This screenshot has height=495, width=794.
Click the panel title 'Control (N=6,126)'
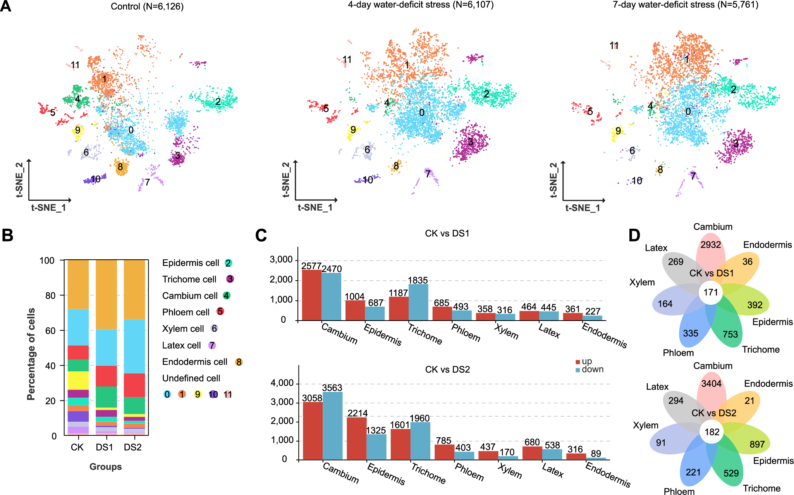click(x=147, y=7)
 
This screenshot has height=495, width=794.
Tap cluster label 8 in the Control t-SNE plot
click(x=120, y=167)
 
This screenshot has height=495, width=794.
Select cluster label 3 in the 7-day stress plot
click(x=736, y=143)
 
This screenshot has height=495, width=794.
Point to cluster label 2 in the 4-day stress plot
click(x=486, y=94)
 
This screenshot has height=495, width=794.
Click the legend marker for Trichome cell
click(x=230, y=279)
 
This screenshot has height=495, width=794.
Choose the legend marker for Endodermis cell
click(x=239, y=362)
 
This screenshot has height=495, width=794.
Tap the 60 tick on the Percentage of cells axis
click(x=50, y=331)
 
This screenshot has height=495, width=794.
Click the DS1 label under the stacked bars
click(x=104, y=447)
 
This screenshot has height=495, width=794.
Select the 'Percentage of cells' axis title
click(x=31, y=354)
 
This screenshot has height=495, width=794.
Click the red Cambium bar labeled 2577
click(x=312, y=295)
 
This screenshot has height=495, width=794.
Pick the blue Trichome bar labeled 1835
click(x=418, y=302)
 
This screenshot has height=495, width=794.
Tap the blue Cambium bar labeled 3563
click(x=332, y=426)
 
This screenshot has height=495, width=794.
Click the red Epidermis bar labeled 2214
click(x=357, y=438)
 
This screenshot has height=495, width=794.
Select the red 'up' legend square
click(x=577, y=362)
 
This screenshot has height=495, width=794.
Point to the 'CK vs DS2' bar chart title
click(x=447, y=369)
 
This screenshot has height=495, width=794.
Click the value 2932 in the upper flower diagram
click(x=711, y=245)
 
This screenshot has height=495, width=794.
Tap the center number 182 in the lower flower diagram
click(x=712, y=432)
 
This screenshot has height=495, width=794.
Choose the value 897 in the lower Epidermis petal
click(x=757, y=444)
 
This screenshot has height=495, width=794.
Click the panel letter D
click(x=634, y=235)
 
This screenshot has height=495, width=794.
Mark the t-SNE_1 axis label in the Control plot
click(x=48, y=208)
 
